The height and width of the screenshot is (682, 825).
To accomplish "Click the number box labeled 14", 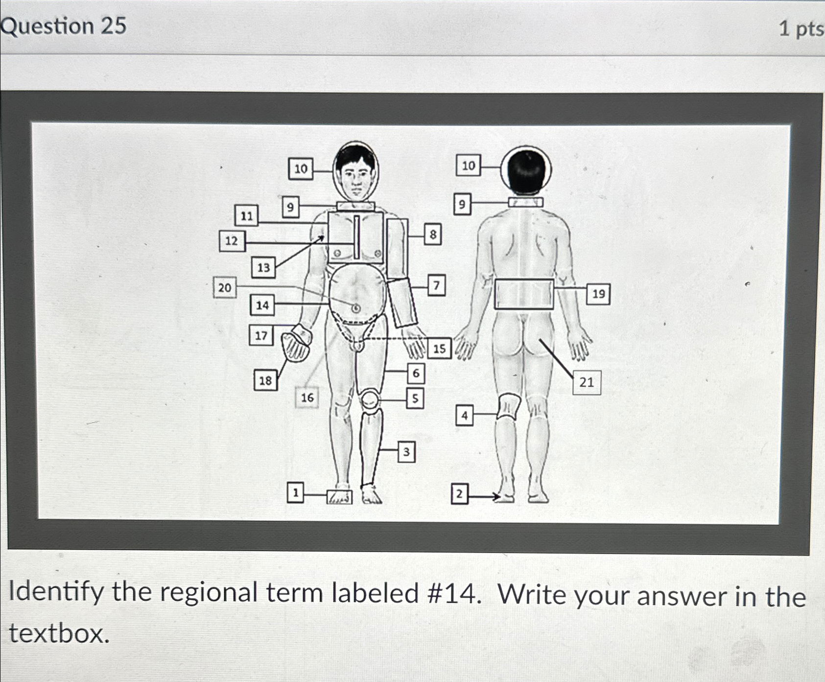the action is click(262, 305).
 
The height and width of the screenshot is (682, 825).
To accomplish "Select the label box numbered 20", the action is click(225, 287).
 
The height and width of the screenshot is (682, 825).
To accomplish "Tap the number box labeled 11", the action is click(247, 215).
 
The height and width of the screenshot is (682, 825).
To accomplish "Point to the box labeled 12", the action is click(232, 240).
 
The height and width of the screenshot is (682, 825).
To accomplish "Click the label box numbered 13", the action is click(263, 267).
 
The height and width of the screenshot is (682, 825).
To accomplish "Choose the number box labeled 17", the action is click(261, 335).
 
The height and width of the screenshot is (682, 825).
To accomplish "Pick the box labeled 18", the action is click(265, 380).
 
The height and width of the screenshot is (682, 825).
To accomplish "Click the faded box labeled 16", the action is click(307, 397).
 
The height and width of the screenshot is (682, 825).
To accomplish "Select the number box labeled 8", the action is click(433, 235).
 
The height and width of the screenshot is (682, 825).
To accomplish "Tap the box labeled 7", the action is click(437, 285).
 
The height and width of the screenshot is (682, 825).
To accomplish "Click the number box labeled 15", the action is click(440, 348).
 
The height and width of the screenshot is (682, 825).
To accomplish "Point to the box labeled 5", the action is click(415, 398).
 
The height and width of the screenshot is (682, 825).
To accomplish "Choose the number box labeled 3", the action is click(406, 452).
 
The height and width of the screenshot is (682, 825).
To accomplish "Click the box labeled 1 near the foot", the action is click(295, 493).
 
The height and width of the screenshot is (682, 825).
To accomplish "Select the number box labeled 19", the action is click(598, 293).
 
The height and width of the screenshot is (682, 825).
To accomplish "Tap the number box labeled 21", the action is click(587, 382).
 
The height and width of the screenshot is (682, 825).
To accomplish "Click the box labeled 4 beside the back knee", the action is click(465, 415).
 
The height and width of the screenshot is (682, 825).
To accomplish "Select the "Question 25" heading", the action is click(64, 25).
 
